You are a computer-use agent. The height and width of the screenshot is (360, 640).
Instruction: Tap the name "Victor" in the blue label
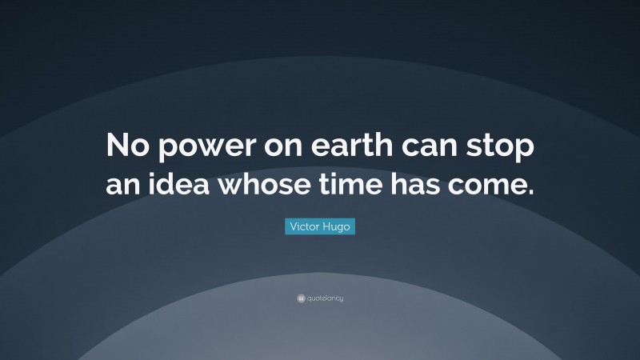(x=302, y=228)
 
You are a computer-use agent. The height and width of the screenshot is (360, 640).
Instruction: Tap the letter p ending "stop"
(x=525, y=153)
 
